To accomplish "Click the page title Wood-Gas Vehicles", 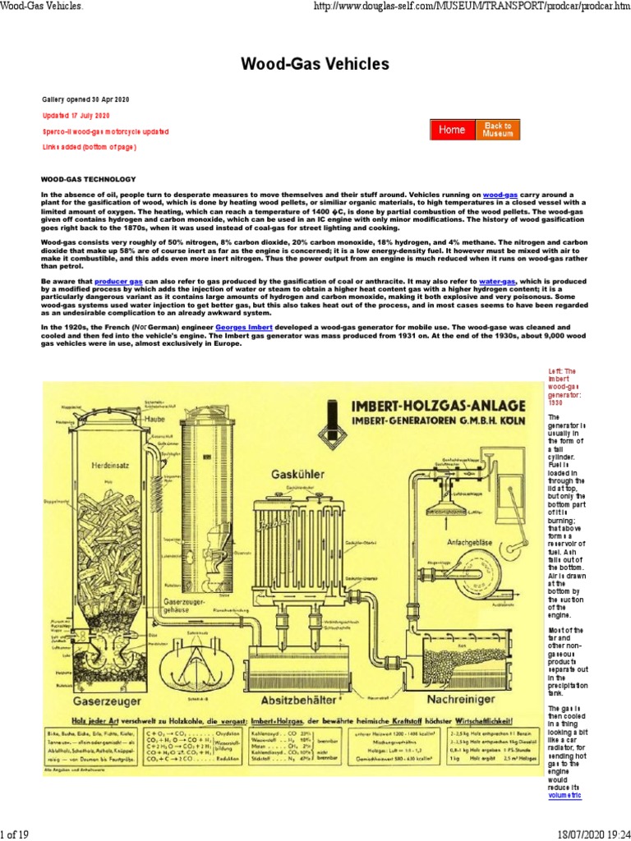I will (x=315, y=63).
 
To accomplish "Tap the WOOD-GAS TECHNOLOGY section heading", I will (x=86, y=177).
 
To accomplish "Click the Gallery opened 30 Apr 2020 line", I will (x=86, y=99).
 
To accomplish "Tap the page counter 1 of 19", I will (x=15, y=834).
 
